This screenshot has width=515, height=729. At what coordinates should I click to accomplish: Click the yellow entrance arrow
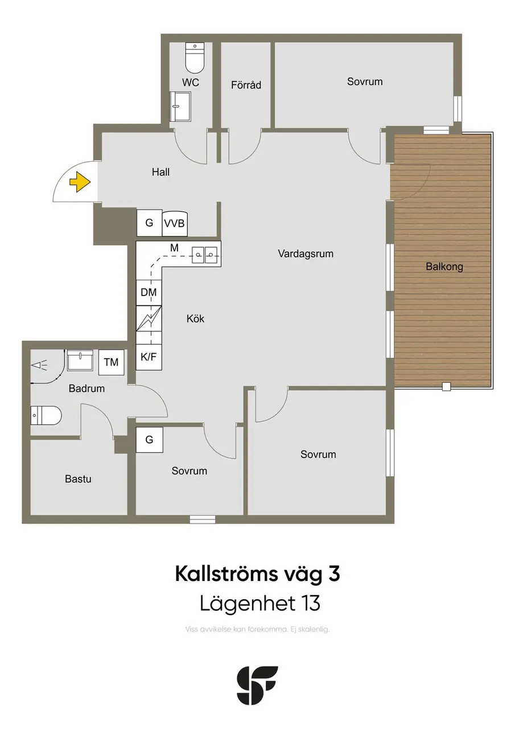click(80, 182)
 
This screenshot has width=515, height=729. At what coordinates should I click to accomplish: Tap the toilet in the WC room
click(195, 58)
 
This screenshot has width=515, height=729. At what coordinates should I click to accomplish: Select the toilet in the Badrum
click(46, 415)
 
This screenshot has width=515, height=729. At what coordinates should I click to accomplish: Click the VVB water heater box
click(175, 223)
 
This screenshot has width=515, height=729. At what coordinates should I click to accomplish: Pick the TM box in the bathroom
click(111, 362)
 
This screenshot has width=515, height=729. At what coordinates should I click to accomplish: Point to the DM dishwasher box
click(149, 292)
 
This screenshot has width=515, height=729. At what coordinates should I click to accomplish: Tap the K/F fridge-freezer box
click(149, 357)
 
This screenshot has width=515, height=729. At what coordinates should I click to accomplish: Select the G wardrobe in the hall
click(149, 223)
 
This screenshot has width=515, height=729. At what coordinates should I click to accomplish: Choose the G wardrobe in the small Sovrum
click(149, 440)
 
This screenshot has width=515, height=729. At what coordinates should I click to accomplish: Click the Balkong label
click(444, 267)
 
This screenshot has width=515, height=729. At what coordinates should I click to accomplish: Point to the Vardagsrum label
click(306, 253)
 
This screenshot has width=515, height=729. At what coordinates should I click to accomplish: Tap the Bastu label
click(78, 479)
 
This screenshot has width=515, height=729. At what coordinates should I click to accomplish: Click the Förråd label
click(246, 85)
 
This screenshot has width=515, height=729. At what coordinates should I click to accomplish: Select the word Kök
click(195, 318)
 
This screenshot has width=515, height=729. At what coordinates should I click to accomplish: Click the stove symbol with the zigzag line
click(149, 318)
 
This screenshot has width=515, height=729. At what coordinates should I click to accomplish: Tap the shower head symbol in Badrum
click(39, 365)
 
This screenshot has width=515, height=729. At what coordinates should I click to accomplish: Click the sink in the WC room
click(180, 107)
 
